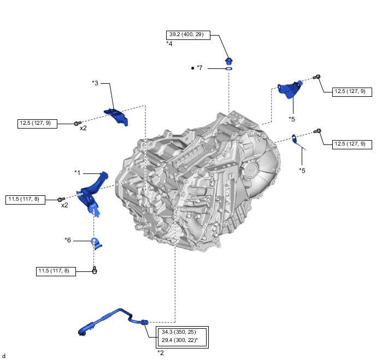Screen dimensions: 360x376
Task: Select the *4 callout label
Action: pyautogui.click(x=169, y=43)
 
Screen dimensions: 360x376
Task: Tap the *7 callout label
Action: pyautogui.click(x=200, y=68)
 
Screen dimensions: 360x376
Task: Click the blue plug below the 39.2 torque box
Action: pyautogui.click(x=229, y=60)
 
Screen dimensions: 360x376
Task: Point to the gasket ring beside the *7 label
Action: pyautogui.click(x=229, y=69)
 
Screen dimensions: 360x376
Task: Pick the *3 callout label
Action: pyautogui.click(x=95, y=83)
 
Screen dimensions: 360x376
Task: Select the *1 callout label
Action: pyautogui.click(x=78, y=172)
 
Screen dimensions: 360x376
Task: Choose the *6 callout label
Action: pyautogui.click(x=68, y=240)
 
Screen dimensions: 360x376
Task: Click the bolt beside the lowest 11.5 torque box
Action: pyautogui.click(x=95, y=270)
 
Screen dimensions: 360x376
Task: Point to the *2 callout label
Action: pyautogui.click(x=161, y=352)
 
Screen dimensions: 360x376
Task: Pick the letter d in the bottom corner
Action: pyautogui.click(x=4, y=356)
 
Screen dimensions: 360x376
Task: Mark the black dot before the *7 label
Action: pyautogui.click(x=192, y=68)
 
